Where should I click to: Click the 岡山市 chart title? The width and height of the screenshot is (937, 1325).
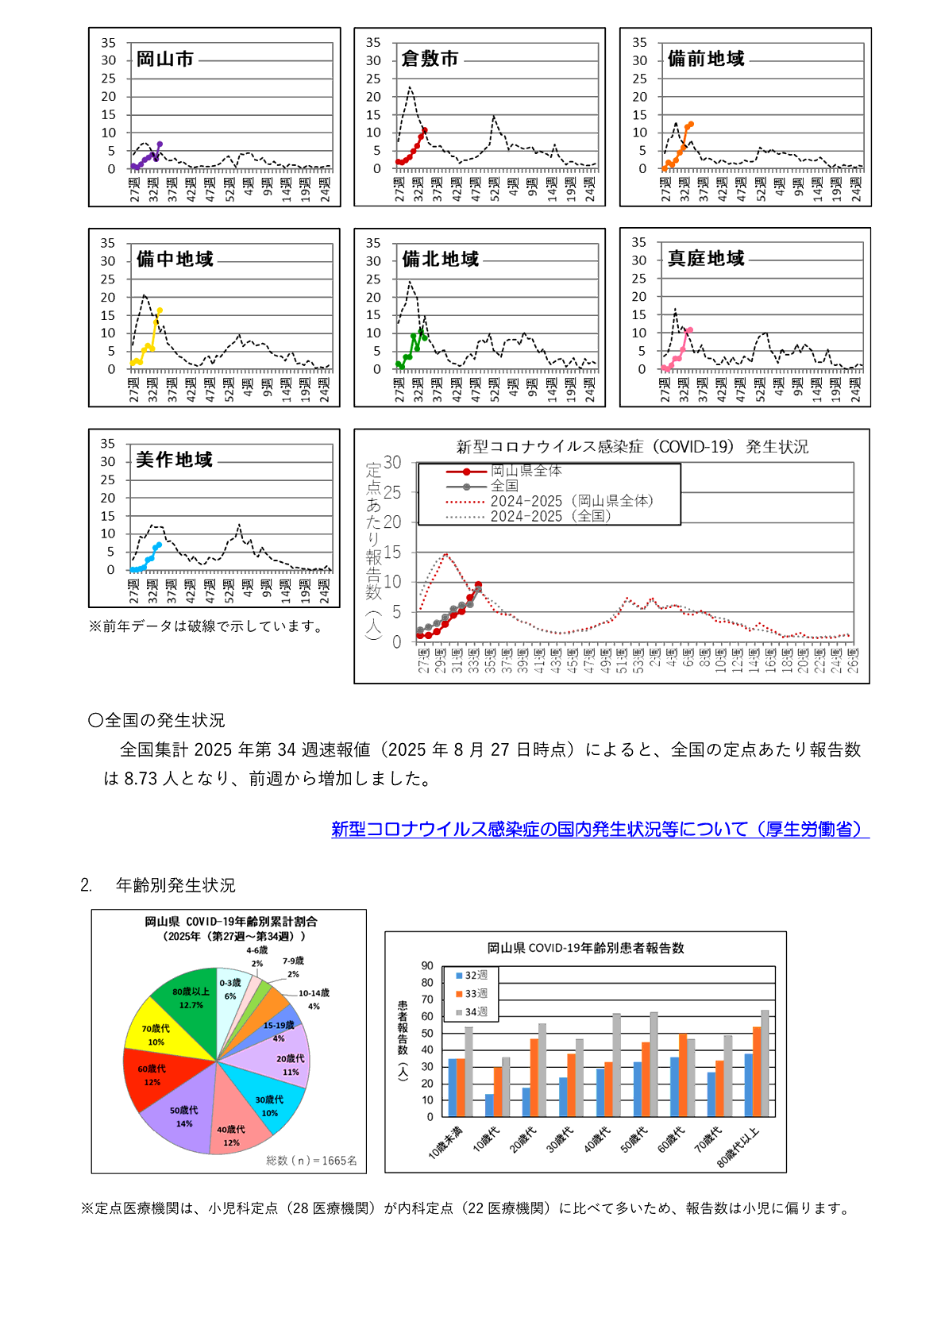[x=165, y=60]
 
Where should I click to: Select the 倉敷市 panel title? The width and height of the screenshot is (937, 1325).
[x=430, y=60]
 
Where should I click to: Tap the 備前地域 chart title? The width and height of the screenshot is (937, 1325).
[x=706, y=60]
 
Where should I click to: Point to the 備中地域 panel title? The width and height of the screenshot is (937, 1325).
[x=175, y=260]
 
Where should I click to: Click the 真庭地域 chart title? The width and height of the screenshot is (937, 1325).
[x=706, y=259]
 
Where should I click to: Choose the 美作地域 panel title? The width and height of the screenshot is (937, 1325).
[x=174, y=460]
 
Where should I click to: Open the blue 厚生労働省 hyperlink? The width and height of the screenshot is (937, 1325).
[x=600, y=830]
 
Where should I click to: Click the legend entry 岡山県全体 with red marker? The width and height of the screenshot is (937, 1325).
[x=526, y=472]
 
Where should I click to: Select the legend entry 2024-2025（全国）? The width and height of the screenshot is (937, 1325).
[x=550, y=516]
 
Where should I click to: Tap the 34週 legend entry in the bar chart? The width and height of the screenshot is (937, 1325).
[x=476, y=1012]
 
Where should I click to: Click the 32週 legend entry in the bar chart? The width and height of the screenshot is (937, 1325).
[x=476, y=975]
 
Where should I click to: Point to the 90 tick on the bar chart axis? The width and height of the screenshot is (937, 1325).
[x=427, y=966]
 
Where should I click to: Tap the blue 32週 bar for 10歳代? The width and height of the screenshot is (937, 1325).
[x=489, y=1105]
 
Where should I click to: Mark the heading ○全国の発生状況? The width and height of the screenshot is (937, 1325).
[x=156, y=721]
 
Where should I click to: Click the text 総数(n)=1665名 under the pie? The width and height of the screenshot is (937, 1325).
[x=311, y=1161]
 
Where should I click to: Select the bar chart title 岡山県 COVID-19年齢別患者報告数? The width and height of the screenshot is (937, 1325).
[x=585, y=948]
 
